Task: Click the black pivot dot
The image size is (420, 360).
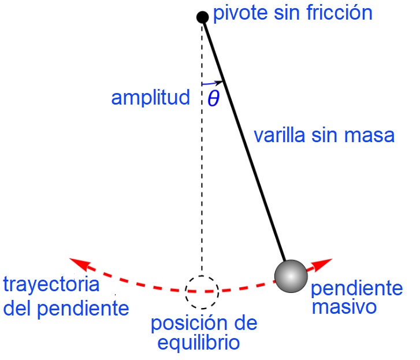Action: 202,17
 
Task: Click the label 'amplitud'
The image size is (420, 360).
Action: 150,98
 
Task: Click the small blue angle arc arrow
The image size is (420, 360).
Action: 212,83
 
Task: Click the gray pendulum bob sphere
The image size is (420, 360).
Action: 290,276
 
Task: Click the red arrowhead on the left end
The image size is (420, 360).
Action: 79,264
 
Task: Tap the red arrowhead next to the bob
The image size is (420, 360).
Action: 324,263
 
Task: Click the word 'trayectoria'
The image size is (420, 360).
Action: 51,285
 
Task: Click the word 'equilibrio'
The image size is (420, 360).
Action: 198,343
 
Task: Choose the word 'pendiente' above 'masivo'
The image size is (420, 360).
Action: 356,288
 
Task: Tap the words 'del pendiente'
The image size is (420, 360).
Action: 66,308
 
